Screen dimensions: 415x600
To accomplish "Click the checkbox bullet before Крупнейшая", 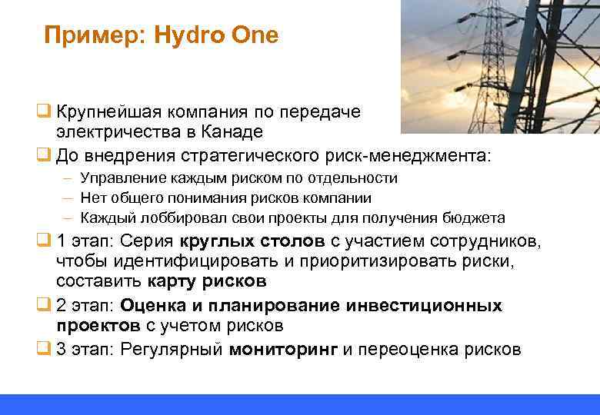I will coord(45,111).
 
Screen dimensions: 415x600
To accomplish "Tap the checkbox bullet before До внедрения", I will coord(45,155).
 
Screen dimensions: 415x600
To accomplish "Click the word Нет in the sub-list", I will coord(93,198).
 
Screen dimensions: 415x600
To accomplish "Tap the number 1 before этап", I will coord(61,242).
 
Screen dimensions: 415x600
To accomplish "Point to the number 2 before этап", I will coord(62,306).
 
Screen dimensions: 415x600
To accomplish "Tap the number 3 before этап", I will coord(62,350).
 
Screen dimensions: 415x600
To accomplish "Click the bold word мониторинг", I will coord(283,350).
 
